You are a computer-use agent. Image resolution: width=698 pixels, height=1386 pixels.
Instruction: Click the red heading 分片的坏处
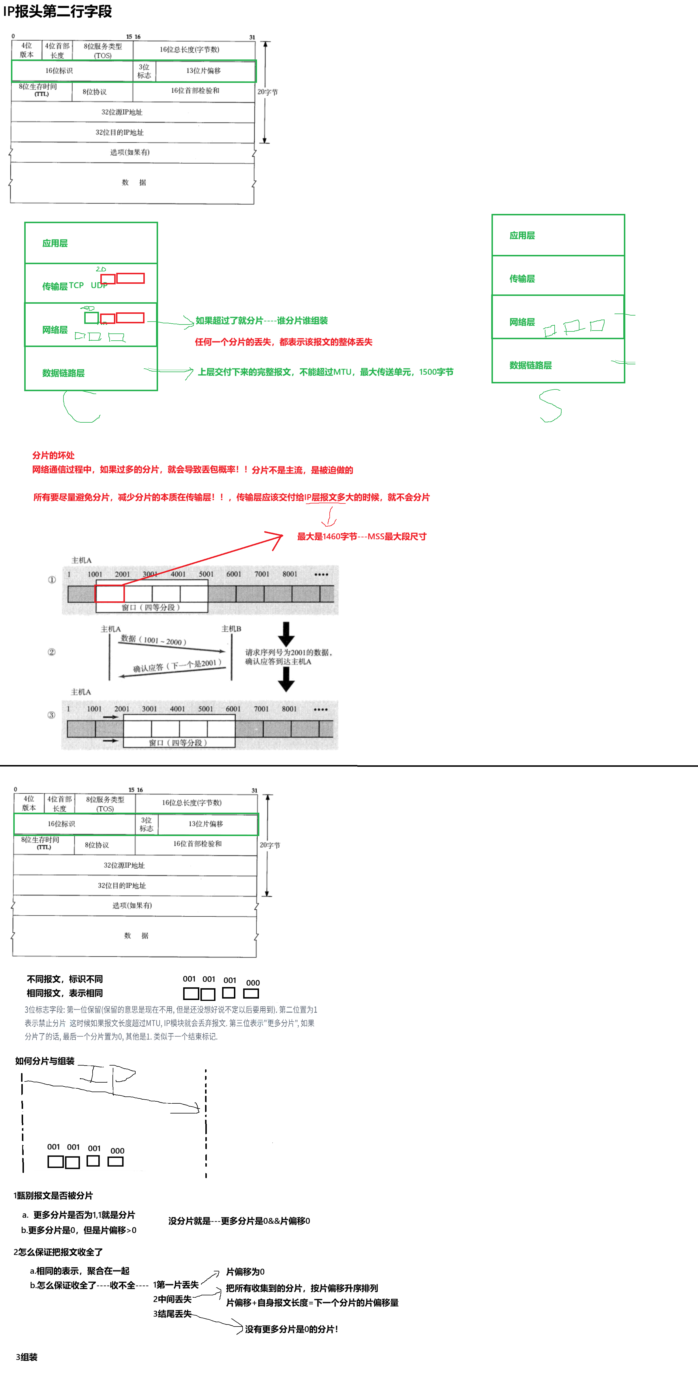(x=53, y=455)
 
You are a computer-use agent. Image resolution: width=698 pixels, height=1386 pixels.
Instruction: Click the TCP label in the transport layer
(x=76, y=285)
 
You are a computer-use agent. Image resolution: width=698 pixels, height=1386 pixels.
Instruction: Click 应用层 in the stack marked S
(x=522, y=236)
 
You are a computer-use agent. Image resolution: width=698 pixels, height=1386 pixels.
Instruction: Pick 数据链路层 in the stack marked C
(x=63, y=373)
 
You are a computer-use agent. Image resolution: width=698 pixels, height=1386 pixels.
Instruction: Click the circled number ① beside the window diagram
(x=52, y=579)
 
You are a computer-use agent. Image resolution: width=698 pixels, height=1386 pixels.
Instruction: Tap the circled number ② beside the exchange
(x=52, y=652)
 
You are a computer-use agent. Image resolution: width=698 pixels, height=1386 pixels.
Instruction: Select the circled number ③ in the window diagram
(x=52, y=715)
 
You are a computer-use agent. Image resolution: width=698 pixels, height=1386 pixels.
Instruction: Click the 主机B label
(x=231, y=628)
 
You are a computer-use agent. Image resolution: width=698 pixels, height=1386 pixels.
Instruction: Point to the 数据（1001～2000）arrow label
(x=154, y=640)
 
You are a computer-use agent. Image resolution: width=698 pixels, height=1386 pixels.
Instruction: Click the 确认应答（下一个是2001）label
(x=177, y=666)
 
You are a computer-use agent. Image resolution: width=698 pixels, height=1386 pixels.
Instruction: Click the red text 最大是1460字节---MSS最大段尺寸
(x=361, y=536)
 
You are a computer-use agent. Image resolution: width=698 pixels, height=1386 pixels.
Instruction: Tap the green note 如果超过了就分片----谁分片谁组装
(x=261, y=321)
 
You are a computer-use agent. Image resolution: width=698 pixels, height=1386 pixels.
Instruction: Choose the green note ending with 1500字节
(x=325, y=372)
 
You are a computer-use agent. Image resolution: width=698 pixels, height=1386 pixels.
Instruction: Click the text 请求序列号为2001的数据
(x=289, y=652)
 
